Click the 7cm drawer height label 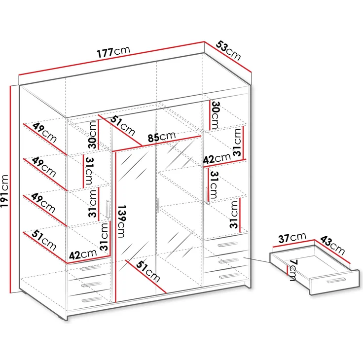point(292,270)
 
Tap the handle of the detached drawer point(336,280)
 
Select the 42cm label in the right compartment point(216,159)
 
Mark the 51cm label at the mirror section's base point(148,272)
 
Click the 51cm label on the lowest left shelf point(42,240)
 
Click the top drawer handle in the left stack point(90,268)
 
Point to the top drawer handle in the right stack point(228,245)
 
